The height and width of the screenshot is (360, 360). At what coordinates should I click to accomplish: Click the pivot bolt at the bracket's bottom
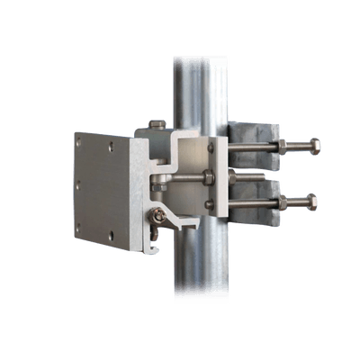pos(156,216)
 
